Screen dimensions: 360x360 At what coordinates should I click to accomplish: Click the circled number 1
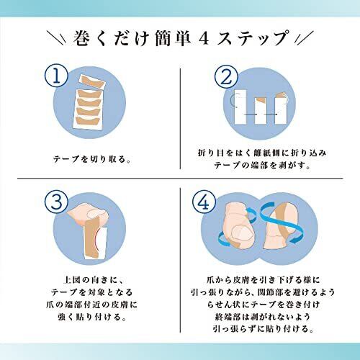click(56, 76)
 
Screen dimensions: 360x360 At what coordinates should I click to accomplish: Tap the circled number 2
click(226, 76)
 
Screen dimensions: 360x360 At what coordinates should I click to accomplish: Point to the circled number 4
click(204, 202)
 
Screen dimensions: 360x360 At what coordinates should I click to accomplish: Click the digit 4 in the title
click(204, 39)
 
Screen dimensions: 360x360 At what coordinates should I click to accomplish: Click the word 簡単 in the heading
click(172, 38)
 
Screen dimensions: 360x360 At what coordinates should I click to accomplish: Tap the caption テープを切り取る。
click(92, 159)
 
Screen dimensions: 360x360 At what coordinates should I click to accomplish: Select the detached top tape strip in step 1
click(92, 81)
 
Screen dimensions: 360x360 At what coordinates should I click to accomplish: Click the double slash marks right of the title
click(304, 38)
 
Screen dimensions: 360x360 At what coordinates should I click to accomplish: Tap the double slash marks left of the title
click(56, 38)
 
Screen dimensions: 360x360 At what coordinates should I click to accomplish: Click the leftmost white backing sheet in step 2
click(240, 107)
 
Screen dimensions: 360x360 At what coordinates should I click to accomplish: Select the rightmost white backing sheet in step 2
click(281, 109)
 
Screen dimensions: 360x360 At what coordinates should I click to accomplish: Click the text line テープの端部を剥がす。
click(262, 166)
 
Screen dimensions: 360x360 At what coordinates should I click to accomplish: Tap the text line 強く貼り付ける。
click(92, 317)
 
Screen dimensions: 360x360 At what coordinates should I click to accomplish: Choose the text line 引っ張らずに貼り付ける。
click(263, 328)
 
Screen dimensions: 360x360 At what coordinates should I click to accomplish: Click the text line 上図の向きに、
click(93, 280)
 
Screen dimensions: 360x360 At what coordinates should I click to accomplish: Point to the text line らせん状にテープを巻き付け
click(263, 305)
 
